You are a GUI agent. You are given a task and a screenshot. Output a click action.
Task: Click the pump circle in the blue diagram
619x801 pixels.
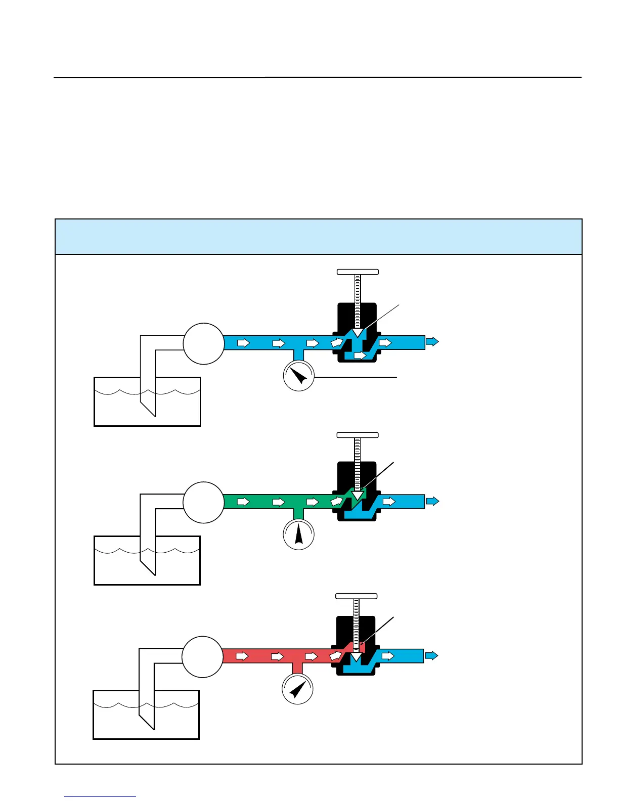tap(203, 344)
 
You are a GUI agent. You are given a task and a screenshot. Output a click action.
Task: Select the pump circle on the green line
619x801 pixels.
tap(203, 502)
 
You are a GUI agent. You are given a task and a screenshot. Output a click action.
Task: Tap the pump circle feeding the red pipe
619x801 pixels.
tap(202, 656)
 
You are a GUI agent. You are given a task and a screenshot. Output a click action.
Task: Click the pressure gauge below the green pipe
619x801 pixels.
tap(299, 535)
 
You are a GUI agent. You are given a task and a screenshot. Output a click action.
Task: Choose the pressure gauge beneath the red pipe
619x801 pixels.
tap(297, 689)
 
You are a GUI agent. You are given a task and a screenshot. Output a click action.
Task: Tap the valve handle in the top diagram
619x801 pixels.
tap(358, 272)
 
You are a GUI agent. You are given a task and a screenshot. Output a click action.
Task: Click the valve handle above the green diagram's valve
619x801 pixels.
tap(358, 435)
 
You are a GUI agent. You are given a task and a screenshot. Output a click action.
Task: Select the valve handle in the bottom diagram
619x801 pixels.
tap(357, 596)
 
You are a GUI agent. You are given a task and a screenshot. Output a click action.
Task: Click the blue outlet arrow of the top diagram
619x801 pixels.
tap(432, 342)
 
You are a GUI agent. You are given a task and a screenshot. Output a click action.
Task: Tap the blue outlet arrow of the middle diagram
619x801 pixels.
tap(432, 501)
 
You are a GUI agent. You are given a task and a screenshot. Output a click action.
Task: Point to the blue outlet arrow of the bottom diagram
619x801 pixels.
tap(431, 655)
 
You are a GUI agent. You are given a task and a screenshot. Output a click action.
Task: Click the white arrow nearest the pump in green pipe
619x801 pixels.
tap(244, 502)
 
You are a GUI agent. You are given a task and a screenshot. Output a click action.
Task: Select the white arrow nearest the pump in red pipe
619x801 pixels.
tap(243, 656)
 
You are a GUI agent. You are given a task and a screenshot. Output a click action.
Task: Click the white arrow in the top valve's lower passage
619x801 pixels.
tap(360, 355)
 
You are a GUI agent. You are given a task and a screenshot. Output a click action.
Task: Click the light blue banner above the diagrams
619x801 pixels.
tap(318, 237)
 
